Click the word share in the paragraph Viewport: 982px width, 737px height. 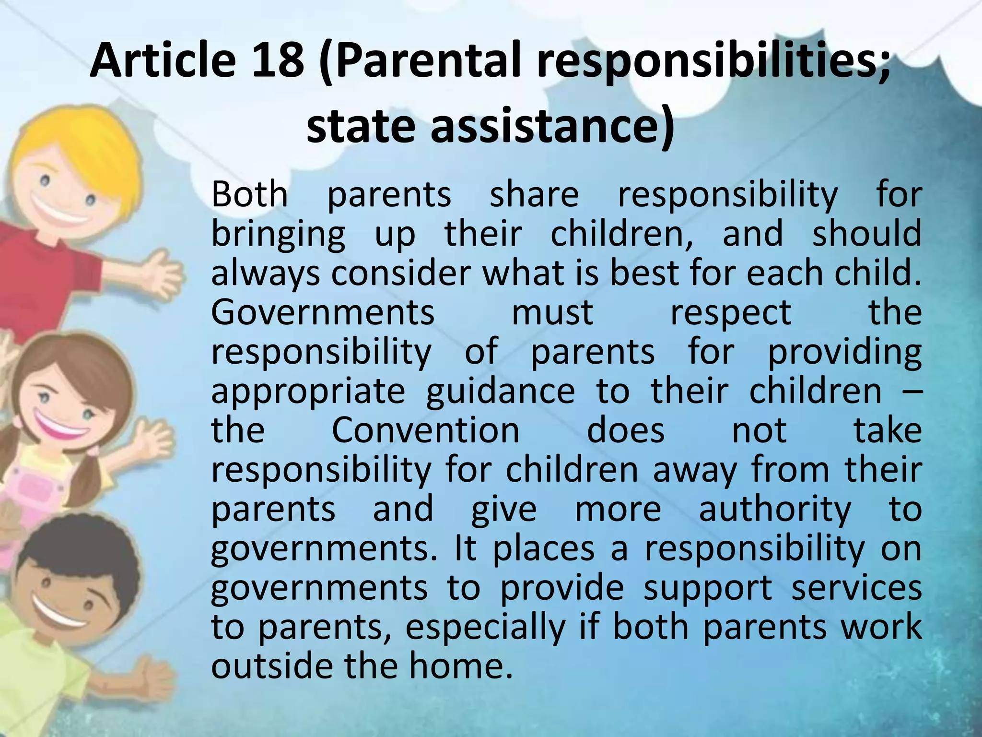point(534,194)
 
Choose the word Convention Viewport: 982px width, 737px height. point(425,430)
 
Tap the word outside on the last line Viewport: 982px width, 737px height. point(273,666)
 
